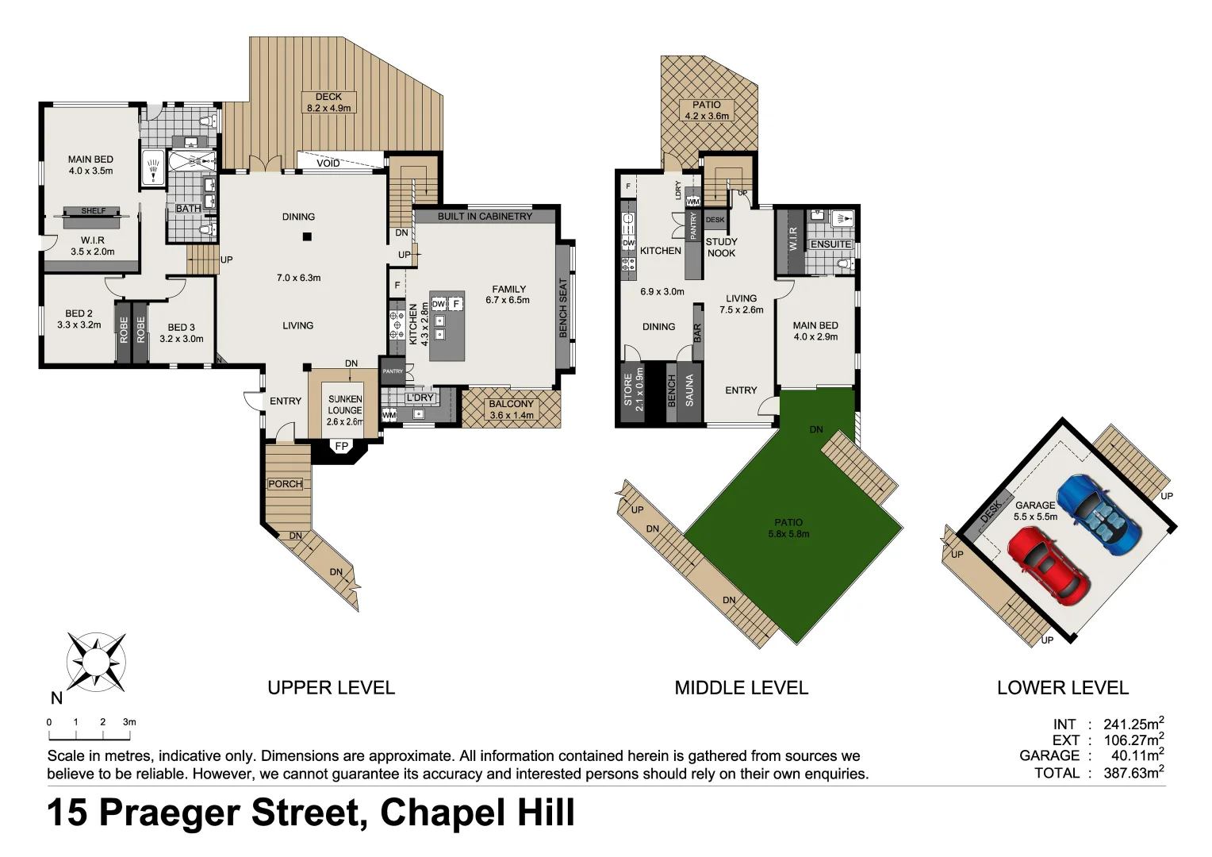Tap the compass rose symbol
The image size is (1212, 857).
[96, 660]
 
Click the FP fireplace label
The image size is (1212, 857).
[341, 447]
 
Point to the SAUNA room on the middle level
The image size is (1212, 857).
[689, 390]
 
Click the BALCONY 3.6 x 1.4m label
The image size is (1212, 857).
[511, 409]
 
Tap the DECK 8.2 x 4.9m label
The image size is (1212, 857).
[328, 102]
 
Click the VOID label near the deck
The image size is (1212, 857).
[328, 163]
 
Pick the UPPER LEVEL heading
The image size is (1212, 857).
[331, 688]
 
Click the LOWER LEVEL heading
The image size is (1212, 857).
[1062, 688]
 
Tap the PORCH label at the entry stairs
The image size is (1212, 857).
[285, 484]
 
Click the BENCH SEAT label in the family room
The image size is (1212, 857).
[563, 308]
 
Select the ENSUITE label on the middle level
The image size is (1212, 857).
[830, 244]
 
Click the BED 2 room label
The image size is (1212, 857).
[79, 319]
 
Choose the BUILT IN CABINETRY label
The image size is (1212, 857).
[485, 216]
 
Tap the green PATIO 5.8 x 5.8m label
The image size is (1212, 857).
[788, 528]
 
